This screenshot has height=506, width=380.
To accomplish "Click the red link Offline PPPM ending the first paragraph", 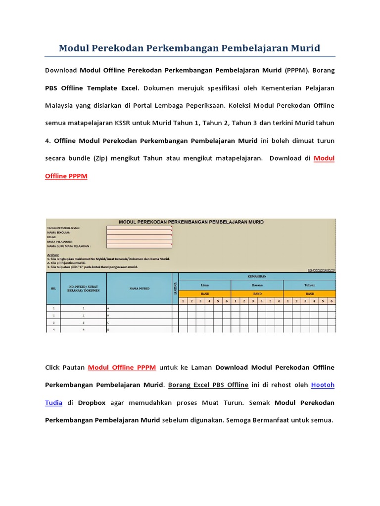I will pyautogui.click(x=66, y=176).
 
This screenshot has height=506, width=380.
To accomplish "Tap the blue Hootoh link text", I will pyautogui.click(x=323, y=384).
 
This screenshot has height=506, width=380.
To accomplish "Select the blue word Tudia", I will pyautogui.click(x=53, y=402).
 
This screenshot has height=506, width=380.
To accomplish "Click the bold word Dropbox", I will pyautogui.click(x=92, y=402).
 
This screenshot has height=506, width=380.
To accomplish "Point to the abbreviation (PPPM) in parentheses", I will pyautogui.click(x=296, y=70).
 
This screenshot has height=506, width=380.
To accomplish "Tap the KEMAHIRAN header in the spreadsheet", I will pyautogui.click(x=257, y=276).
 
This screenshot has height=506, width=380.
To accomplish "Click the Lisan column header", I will pyautogui.click(x=204, y=285).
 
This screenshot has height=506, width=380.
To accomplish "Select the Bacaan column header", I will pyautogui.click(x=257, y=285).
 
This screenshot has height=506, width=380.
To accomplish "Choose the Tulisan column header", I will pyautogui.click(x=310, y=285).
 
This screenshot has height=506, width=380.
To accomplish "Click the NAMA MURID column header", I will pyautogui.click(x=139, y=289).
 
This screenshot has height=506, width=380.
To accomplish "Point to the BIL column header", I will pyautogui.click(x=53, y=289).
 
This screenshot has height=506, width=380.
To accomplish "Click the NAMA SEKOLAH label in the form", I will pyautogui.click(x=58, y=232).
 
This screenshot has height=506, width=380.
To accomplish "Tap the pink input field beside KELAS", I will pyautogui.click(x=139, y=237).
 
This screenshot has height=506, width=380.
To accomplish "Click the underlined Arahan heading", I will pyautogui.click(x=53, y=254).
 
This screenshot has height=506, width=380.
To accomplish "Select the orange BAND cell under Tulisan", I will pyautogui.click(x=310, y=293).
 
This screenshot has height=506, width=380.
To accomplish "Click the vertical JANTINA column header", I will pyautogui.click(x=175, y=289).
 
